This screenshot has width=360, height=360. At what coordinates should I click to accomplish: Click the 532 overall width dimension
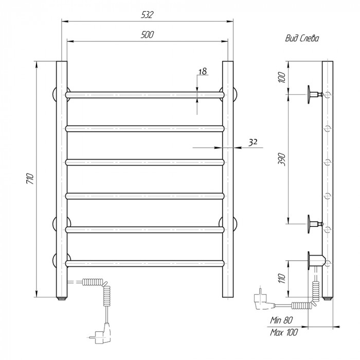coord(147,15)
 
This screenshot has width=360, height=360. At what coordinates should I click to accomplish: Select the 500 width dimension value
coord(147,34)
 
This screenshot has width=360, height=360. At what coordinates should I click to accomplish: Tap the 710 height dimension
coord(30,179)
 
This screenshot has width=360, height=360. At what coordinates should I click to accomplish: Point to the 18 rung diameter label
coord(203,71)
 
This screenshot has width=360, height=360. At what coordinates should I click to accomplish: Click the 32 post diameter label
coord(253,142)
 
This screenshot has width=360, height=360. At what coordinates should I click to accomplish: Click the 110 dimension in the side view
coord(282,279)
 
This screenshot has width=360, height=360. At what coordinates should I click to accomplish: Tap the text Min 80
coord(281,320)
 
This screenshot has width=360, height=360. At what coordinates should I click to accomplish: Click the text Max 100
coord(284,332)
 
